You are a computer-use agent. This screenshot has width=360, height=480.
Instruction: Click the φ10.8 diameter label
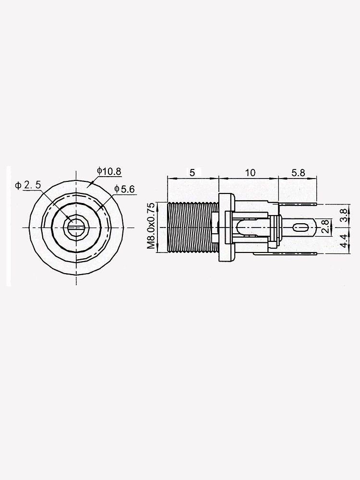tap(108, 170)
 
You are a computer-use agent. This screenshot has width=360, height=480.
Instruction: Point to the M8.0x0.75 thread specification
tap(152, 226)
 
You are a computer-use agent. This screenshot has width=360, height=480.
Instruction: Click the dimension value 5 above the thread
tap(192, 172)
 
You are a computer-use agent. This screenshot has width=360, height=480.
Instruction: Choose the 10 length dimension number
tap(250, 172)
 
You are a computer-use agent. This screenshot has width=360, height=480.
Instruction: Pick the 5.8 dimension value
tap(298, 172)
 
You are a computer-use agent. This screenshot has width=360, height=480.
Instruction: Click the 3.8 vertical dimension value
tap(343, 215)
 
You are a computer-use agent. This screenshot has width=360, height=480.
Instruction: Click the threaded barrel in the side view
tap(192, 226)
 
